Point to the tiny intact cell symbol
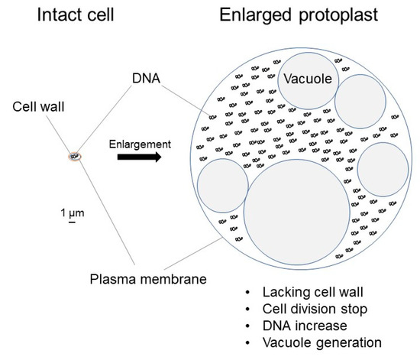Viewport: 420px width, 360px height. click(74, 157)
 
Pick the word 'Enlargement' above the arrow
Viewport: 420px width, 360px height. click(139, 142)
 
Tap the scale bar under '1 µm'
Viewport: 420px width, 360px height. click(71, 223)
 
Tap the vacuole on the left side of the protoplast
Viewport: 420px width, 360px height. click(222, 185)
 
